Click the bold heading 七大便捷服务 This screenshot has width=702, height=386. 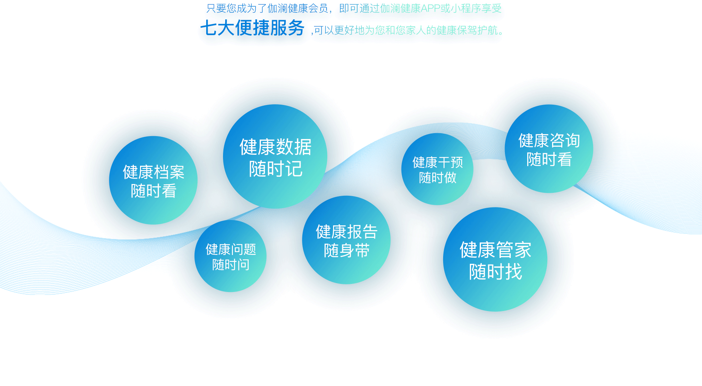point(252,28)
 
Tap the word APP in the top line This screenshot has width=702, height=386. point(431,8)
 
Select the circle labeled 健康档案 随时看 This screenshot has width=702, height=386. point(153,180)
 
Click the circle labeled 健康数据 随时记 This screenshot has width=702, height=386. point(275,157)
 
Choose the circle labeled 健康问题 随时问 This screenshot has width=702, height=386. point(230,256)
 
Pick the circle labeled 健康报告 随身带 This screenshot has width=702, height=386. point(346,240)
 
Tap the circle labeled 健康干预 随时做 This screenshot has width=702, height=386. point(437,169)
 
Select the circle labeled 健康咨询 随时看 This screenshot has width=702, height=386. point(549,149)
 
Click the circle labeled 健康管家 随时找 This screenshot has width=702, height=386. point(495,259)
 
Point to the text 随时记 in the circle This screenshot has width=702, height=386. point(276,169)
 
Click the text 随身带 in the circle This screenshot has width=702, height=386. point(347,251)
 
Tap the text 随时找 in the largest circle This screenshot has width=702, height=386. point(495,272)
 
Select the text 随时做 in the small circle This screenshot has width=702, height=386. point(438,178)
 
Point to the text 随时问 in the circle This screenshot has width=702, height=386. point(231,265)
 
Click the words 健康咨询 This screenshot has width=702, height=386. point(549,140)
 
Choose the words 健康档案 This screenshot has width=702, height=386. point(154,172)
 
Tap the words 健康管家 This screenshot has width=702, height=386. point(495,250)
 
